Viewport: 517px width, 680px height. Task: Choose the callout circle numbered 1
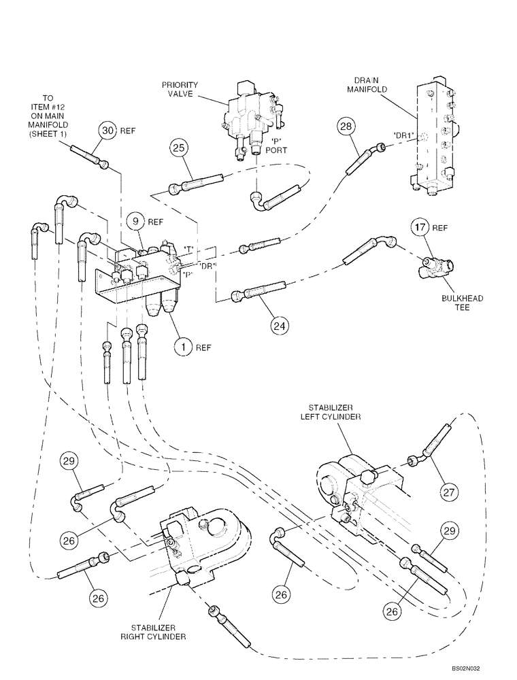click(183, 347)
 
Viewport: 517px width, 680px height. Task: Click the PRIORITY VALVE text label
click(180, 90)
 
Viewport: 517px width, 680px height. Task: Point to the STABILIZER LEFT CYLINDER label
click(332, 411)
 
